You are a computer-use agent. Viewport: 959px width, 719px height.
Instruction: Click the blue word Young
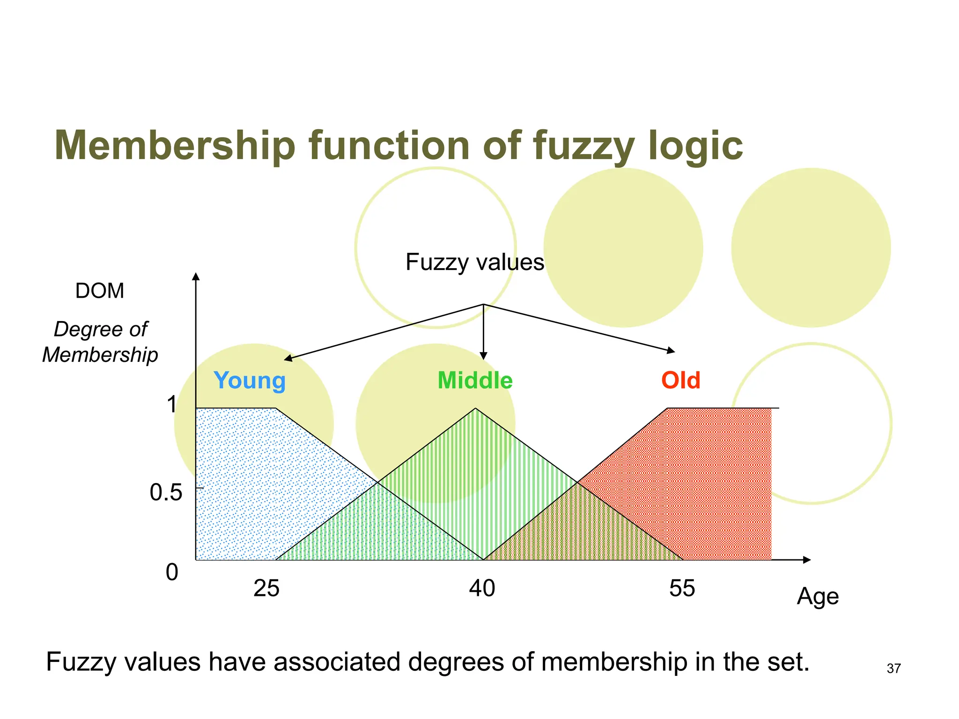click(250, 381)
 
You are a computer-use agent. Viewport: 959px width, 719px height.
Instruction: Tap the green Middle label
click(475, 381)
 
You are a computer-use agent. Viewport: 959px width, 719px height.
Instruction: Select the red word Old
click(680, 381)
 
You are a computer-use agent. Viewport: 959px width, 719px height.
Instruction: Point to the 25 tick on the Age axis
click(266, 588)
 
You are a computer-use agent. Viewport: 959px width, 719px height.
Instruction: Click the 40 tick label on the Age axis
click(482, 588)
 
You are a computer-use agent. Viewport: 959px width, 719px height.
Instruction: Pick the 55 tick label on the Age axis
click(682, 588)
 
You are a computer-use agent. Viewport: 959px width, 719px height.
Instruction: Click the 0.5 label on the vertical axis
click(166, 492)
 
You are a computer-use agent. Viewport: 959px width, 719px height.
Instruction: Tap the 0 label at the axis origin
click(172, 572)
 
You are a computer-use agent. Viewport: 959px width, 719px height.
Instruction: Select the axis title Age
click(818, 597)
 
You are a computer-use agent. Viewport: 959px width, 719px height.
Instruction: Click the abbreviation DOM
click(100, 291)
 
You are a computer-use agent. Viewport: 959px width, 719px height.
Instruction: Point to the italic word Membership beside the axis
click(100, 355)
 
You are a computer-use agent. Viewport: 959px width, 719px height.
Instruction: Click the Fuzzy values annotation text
click(475, 262)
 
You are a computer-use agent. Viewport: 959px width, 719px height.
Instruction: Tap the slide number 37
click(893, 668)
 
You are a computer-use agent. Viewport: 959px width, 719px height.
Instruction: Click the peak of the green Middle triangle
click(475, 409)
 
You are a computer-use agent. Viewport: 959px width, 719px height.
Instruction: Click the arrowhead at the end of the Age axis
click(807, 560)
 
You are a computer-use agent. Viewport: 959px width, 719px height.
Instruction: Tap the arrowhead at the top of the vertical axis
click(196, 276)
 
